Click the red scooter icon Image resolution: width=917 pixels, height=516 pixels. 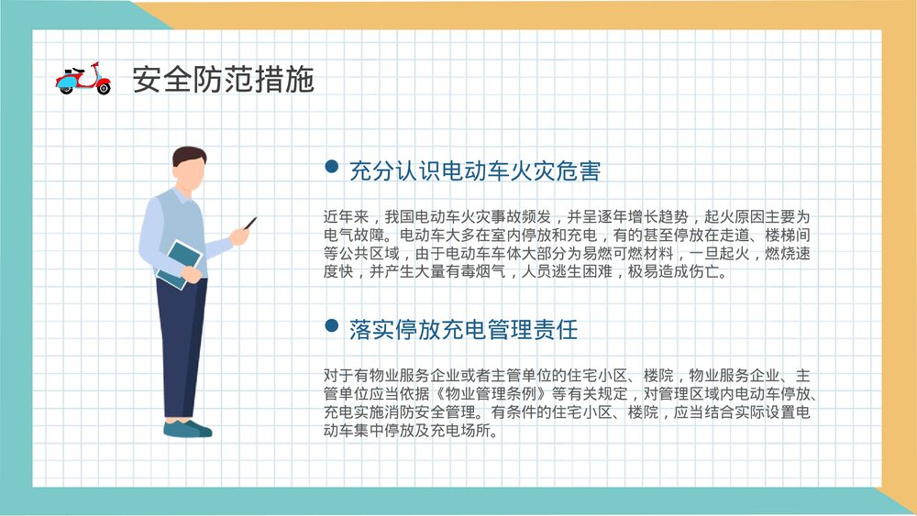coord(83,79)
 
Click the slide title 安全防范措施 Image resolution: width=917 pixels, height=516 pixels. coord(223,80)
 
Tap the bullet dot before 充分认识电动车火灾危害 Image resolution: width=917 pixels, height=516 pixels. coord(332,167)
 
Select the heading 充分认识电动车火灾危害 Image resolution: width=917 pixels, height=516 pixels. coord(475,170)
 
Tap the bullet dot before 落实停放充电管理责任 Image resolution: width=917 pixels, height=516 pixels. coord(332,326)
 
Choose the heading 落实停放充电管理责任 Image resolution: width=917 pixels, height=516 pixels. coord(463,330)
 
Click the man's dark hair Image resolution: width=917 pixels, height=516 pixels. coord(189,157)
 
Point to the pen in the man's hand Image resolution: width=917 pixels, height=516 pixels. coord(249,223)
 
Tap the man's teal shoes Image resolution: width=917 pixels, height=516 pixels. coord(187,429)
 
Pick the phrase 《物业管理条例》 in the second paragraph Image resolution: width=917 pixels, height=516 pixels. coord(492,394)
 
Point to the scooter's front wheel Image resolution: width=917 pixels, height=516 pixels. coord(103,89)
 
